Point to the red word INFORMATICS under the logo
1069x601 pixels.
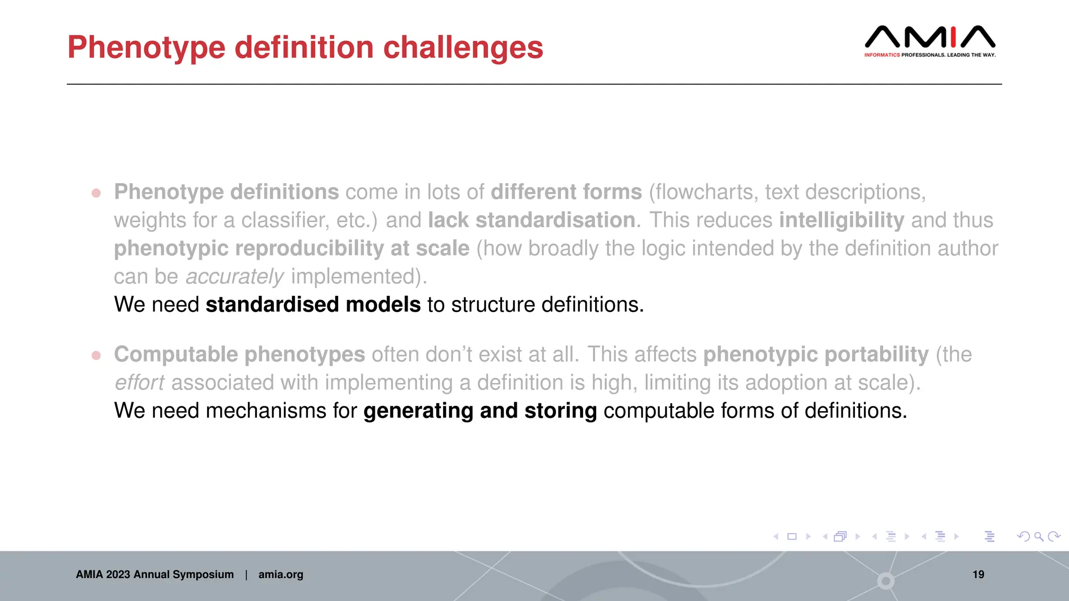pos(882,55)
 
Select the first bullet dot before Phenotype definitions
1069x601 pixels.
pos(96,193)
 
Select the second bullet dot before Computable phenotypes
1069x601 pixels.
pos(96,355)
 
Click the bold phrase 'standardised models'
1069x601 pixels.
pos(313,305)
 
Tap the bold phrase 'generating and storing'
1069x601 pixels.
pos(480,411)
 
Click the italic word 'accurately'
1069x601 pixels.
pos(234,277)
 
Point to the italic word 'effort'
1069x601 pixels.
pos(139,382)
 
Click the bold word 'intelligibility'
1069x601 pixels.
pos(841,220)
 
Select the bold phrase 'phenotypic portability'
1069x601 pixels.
pos(816,354)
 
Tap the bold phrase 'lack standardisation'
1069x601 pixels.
pos(531,220)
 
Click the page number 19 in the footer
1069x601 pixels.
pos(978,574)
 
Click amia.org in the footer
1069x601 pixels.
pos(280,574)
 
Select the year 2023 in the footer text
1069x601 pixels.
pos(118,574)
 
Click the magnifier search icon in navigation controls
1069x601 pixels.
pos(1039,536)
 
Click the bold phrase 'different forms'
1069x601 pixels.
pos(566,192)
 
